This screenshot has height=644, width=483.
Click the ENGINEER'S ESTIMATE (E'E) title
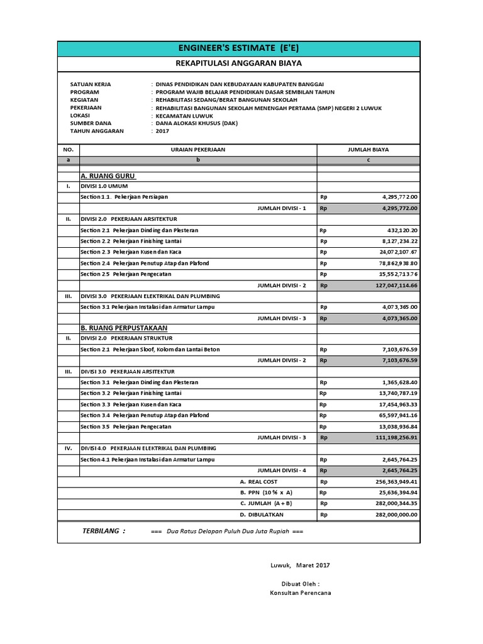(238, 48)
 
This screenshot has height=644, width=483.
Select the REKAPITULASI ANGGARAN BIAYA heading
(238, 64)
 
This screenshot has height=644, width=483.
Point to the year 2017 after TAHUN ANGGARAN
(162, 131)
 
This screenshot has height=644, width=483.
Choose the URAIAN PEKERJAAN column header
(198, 150)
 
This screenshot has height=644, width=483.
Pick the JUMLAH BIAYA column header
(368, 150)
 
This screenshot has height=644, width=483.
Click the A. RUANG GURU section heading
(108, 175)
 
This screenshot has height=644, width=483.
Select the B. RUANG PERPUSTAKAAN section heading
(124, 328)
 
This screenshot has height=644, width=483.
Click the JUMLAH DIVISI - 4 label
(282, 470)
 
